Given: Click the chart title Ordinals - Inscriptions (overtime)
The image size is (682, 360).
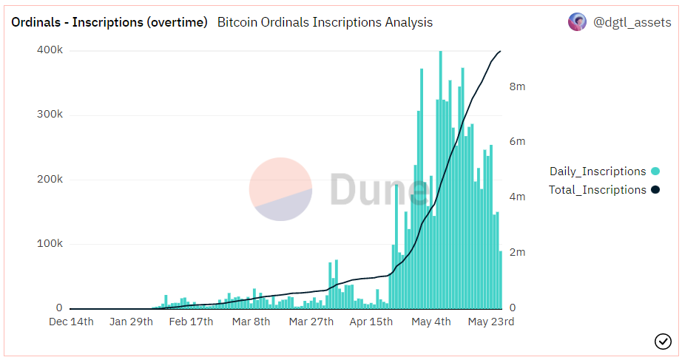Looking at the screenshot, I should pyautogui.click(x=109, y=22).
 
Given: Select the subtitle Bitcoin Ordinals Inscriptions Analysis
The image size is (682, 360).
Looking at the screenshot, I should pyautogui.click(x=325, y=22).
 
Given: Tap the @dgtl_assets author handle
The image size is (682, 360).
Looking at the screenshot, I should pyautogui.click(x=632, y=22).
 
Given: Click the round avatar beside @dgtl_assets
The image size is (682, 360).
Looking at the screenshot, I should pyautogui.click(x=577, y=22).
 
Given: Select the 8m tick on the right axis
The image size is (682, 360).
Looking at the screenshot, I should pyautogui.click(x=517, y=86).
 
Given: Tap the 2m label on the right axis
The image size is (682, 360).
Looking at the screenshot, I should pyautogui.click(x=517, y=252).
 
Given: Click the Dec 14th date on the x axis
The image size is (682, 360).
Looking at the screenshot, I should pyautogui.click(x=72, y=322).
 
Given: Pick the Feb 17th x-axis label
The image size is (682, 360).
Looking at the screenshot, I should pyautogui.click(x=191, y=322).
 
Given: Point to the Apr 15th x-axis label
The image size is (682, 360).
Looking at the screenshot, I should pyautogui.click(x=371, y=322).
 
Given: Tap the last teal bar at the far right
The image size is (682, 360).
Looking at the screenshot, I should pyautogui.click(x=501, y=280).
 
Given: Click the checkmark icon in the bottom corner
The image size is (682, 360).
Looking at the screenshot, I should pyautogui.click(x=663, y=341).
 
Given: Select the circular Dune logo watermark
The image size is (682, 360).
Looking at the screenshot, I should pyautogui.click(x=280, y=189).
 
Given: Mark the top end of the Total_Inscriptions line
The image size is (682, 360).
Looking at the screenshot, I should pyautogui.click(x=501, y=51).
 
